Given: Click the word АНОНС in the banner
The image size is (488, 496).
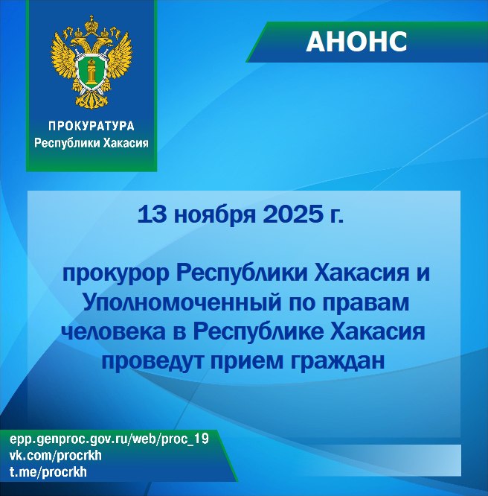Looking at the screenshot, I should [356, 42].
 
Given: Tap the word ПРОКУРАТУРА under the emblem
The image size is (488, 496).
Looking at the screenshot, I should [91, 126].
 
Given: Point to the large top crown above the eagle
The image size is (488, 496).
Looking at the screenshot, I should [91, 19].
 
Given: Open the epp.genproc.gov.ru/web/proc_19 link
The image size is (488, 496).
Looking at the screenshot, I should [109, 440].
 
